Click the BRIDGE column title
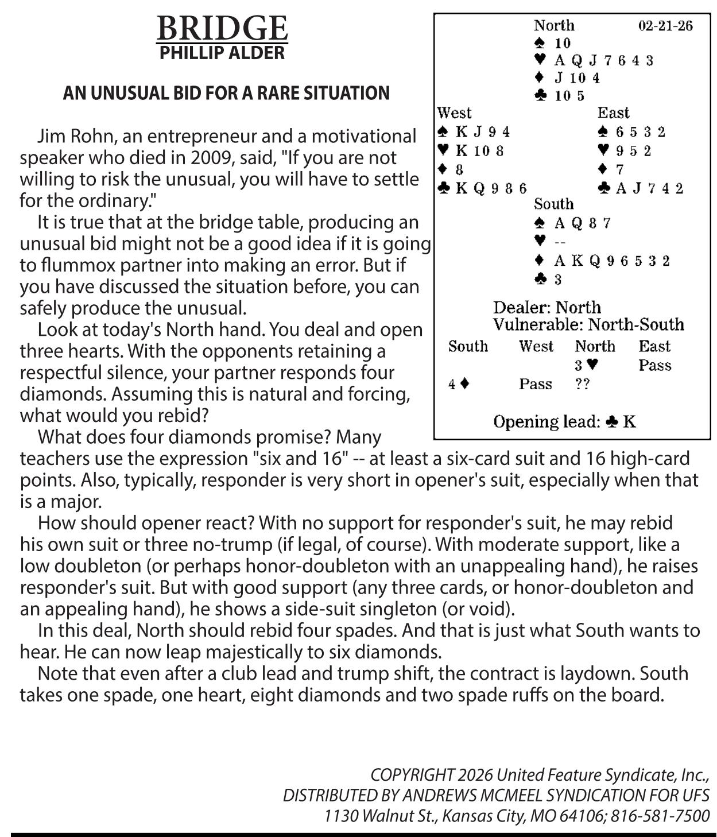pos(222,28)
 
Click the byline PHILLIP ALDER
pos(222,53)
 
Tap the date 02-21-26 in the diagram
pos(665,26)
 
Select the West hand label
pos(454,113)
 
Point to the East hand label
pos(613,113)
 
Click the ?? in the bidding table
pos(582,384)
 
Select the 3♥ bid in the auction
pos(587,365)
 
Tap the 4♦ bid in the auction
pos(459,384)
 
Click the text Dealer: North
pos(547,308)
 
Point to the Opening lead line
pos(564,422)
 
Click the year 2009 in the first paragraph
pos(214,158)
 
